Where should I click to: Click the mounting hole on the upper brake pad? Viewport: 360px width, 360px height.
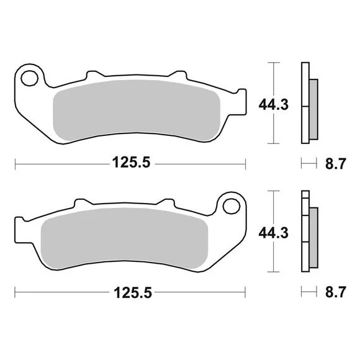pyautogui.click(x=29, y=78)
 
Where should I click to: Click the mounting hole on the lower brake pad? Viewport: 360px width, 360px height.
pyautogui.click(x=232, y=207)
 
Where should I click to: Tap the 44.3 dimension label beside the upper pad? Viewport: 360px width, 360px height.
pyautogui.click(x=274, y=105)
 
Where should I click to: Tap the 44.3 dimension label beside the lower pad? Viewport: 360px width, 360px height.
pyautogui.click(x=274, y=233)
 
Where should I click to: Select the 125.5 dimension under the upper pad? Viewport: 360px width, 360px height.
pyautogui.click(x=131, y=163)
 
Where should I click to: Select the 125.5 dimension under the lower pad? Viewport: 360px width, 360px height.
pyautogui.click(x=133, y=293)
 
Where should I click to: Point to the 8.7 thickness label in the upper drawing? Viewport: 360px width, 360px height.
pyautogui.click(x=335, y=164)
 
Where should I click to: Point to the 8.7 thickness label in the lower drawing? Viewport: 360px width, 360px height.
pyautogui.click(x=335, y=292)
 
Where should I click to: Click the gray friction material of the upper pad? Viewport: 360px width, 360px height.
pyautogui.click(x=137, y=110)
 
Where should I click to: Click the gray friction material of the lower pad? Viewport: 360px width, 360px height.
pyautogui.click(x=124, y=238)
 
